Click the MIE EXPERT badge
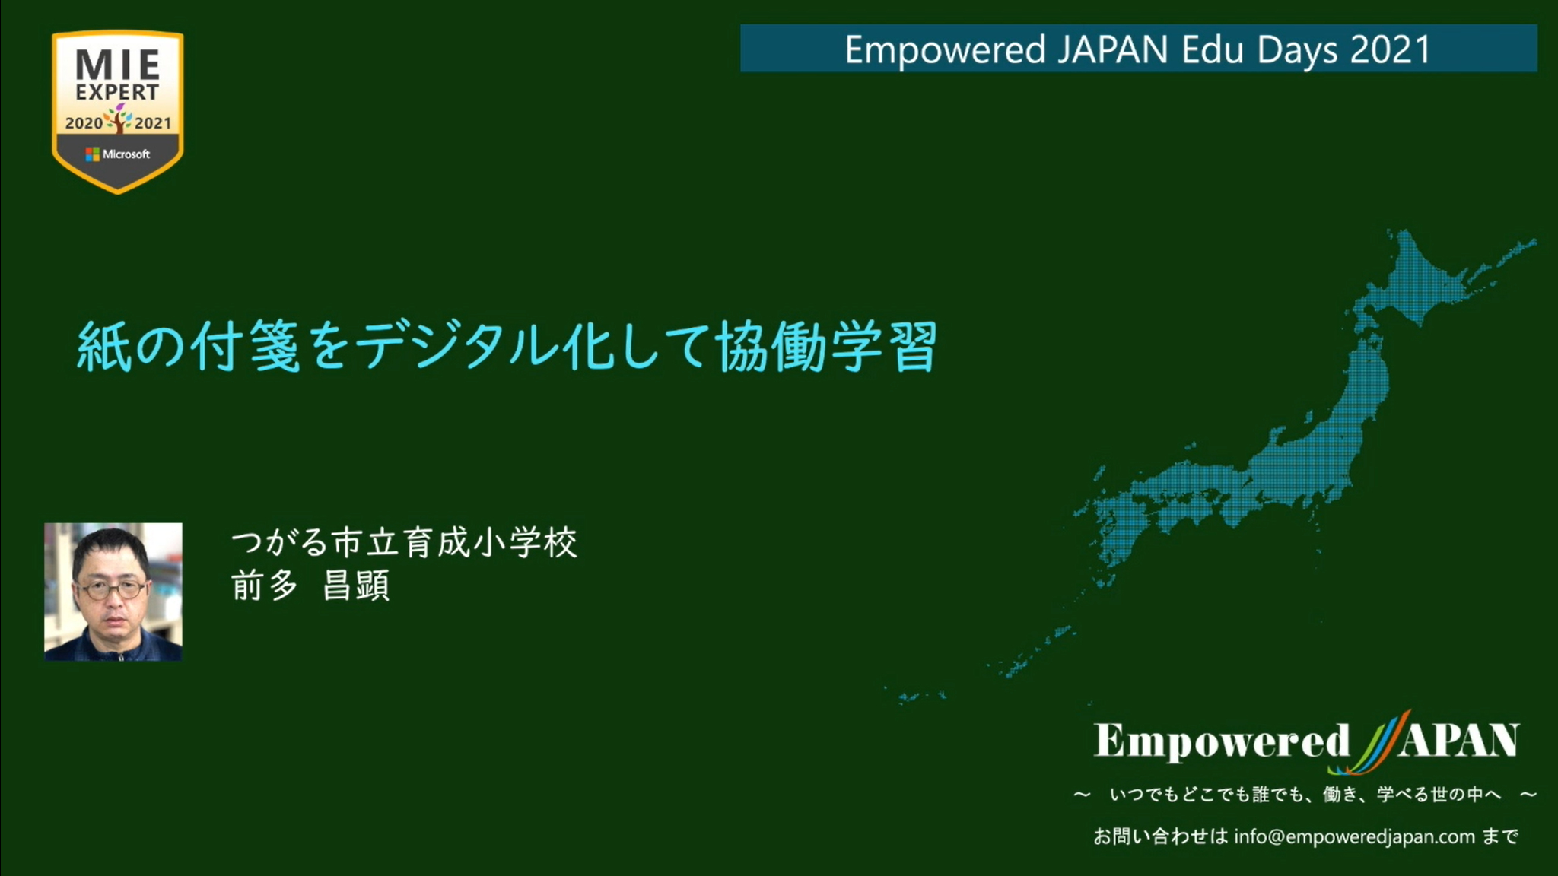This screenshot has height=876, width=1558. coord(118,112)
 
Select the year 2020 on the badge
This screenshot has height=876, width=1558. coord(84,123)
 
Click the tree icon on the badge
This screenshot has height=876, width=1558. coord(119,119)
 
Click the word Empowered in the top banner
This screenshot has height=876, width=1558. coord(946,51)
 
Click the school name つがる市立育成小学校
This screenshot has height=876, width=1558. coord(404,543)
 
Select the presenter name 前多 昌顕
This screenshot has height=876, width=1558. coord(310,586)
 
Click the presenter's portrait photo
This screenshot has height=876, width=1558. coord(113,592)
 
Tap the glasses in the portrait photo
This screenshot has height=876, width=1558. coord(112,589)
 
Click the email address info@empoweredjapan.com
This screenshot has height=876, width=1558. coord(1354,836)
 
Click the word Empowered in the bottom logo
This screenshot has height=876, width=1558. coord(1222,741)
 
